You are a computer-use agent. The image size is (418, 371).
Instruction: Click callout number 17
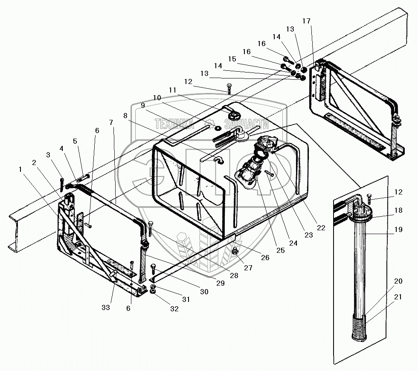coord(307,21)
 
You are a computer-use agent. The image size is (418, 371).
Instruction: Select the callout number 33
coord(106,307)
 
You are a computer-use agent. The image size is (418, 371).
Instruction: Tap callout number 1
coord(20,169)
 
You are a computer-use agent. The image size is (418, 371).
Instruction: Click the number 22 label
coord(321,228)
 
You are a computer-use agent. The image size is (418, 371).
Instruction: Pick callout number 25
coord(280,251)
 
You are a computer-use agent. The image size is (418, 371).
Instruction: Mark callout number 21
coord(398,297)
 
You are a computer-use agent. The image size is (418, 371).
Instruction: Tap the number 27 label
coord(248,268)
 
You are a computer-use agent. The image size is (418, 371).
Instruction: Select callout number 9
coord(142,105)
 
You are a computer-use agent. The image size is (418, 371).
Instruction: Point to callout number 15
coord(232,58)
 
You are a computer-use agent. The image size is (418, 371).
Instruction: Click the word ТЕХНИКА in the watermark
coord(174,124)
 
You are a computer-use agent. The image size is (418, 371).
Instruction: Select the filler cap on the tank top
coord(234,114)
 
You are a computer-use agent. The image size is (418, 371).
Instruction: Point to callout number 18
coord(398,210)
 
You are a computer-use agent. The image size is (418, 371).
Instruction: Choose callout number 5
coord(75,141)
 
